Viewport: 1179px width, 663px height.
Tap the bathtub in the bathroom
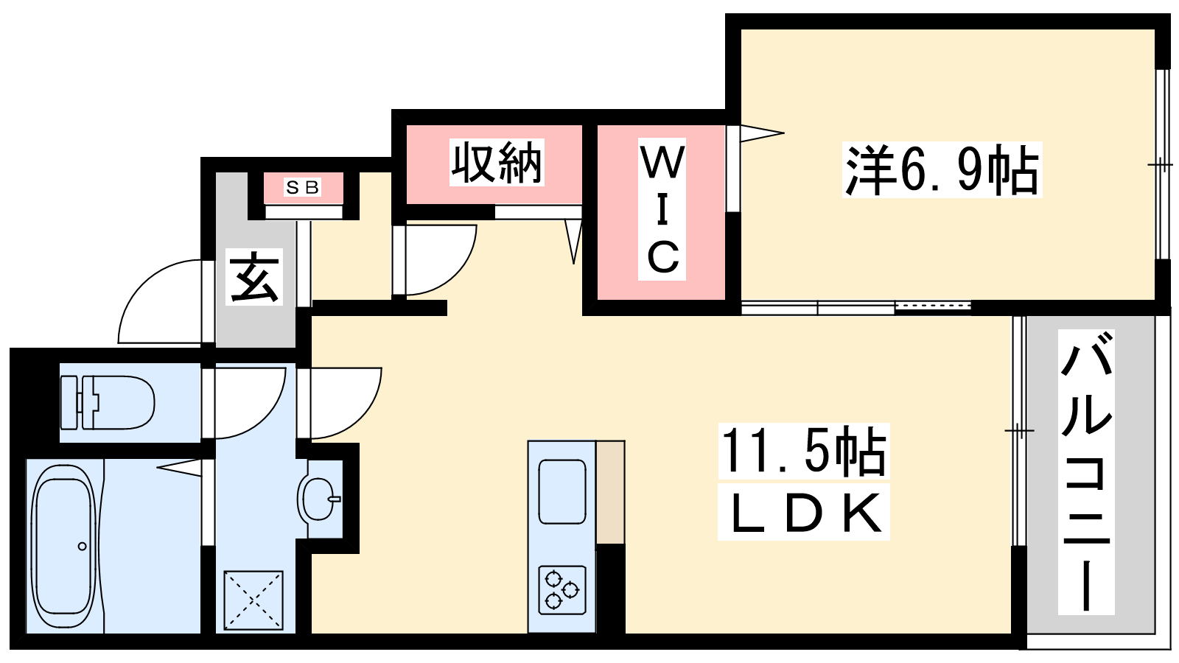[63, 546]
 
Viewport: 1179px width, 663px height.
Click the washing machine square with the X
[253, 600]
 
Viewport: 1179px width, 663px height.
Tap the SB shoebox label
[303, 188]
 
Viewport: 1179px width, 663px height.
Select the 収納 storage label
[497, 162]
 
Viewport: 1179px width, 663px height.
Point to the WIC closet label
[662, 211]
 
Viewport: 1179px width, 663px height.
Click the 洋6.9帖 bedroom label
[942, 170]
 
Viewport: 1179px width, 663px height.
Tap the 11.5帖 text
[803, 450]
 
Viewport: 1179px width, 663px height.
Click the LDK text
[804, 513]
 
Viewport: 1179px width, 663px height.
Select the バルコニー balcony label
[1086, 471]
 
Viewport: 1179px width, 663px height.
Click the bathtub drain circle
[82, 546]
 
